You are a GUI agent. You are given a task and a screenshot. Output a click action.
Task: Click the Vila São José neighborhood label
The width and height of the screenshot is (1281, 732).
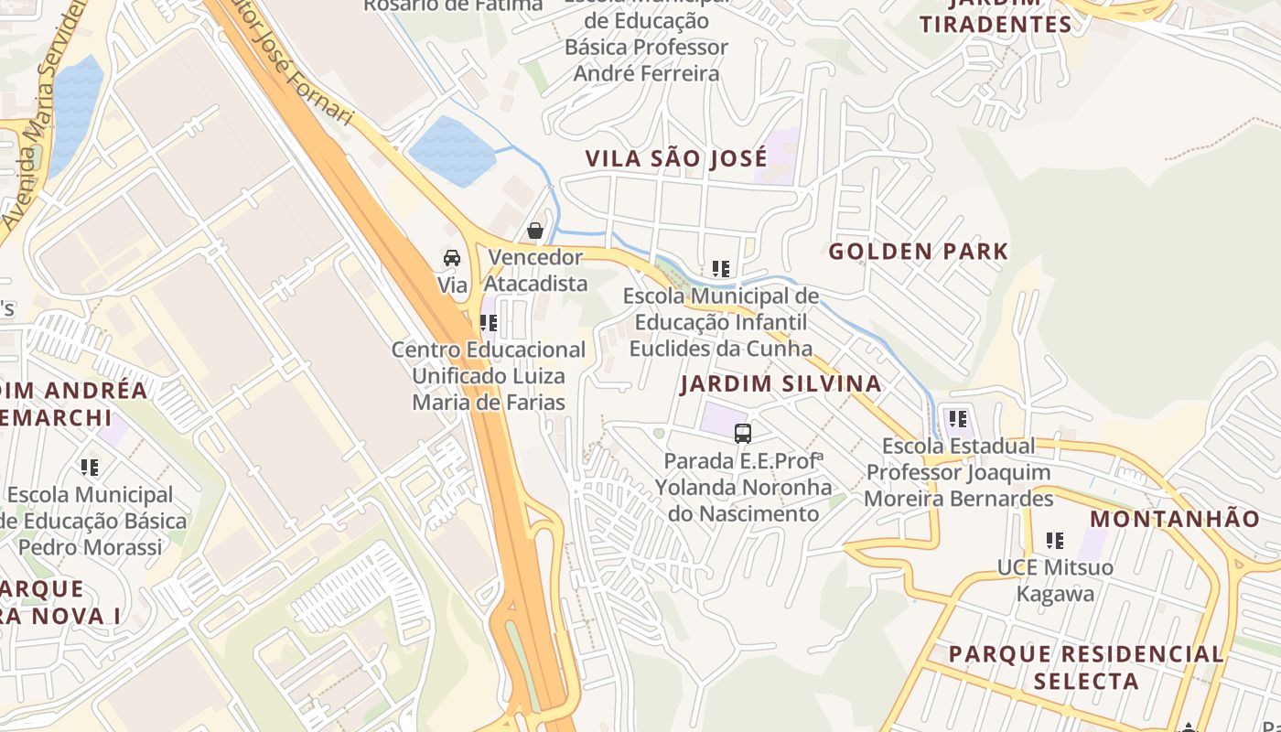click(676, 158)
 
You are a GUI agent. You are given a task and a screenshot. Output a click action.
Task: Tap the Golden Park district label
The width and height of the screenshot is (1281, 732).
click(918, 252)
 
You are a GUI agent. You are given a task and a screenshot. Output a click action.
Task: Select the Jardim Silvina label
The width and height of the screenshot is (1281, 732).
click(780, 383)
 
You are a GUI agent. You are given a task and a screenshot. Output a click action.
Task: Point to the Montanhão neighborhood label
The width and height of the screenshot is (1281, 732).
click(1175, 519)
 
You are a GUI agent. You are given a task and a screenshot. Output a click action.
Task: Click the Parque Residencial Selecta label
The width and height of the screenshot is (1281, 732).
click(1086, 667)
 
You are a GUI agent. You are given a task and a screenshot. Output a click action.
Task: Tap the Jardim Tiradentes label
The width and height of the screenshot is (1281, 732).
click(996, 18)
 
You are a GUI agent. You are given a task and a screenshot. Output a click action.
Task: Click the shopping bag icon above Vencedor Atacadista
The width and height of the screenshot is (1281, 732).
click(535, 231)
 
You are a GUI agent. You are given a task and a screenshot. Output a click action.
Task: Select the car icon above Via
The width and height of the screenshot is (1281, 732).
click(452, 258)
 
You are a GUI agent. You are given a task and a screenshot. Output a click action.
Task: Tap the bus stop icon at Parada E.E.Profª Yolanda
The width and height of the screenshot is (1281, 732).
click(743, 434)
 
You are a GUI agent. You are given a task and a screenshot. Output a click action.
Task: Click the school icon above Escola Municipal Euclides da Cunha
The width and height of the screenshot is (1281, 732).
click(721, 269)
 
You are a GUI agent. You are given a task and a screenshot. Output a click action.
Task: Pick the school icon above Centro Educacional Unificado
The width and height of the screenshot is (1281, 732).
click(489, 323)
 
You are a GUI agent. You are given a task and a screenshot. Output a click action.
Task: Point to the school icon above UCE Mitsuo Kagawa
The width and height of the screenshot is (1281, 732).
click(1055, 541)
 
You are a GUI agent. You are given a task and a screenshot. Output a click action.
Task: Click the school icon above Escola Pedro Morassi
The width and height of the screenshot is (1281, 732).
click(90, 468)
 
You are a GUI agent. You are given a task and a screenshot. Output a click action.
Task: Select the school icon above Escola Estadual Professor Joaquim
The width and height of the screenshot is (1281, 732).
click(958, 419)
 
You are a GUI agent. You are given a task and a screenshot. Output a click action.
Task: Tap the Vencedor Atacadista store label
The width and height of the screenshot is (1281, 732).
click(536, 270)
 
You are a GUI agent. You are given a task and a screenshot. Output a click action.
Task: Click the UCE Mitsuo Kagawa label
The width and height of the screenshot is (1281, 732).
click(1055, 580)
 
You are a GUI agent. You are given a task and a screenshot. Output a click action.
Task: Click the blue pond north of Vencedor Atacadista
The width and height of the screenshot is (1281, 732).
click(452, 151)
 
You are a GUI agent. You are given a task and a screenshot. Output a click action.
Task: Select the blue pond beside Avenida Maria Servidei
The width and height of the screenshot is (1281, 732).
click(75, 110)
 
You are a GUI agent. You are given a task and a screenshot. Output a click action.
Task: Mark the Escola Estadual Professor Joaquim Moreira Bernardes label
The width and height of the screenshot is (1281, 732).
click(959, 472)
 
